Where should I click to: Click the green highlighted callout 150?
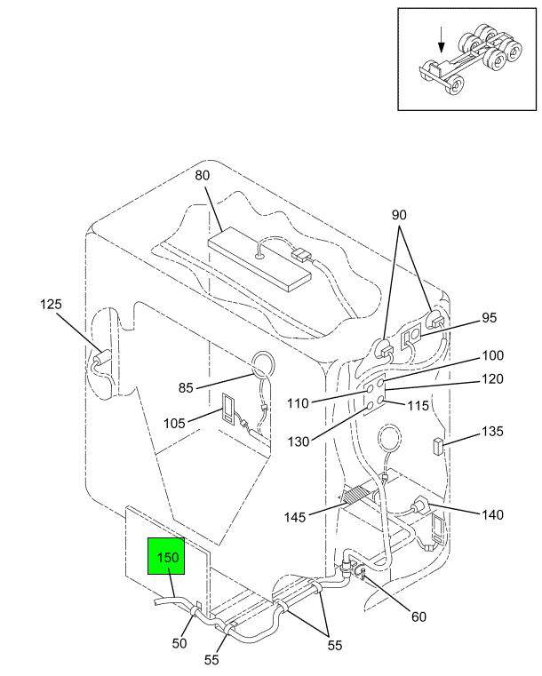(x=166, y=556)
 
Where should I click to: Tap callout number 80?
(x=203, y=176)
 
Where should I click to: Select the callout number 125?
(x=51, y=305)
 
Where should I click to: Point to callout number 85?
(x=186, y=387)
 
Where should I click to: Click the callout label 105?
(x=174, y=424)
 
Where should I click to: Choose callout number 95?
(x=490, y=318)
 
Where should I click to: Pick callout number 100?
(x=492, y=355)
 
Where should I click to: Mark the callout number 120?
(x=492, y=379)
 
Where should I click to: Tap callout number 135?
(x=492, y=432)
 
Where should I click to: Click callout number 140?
(x=492, y=514)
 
